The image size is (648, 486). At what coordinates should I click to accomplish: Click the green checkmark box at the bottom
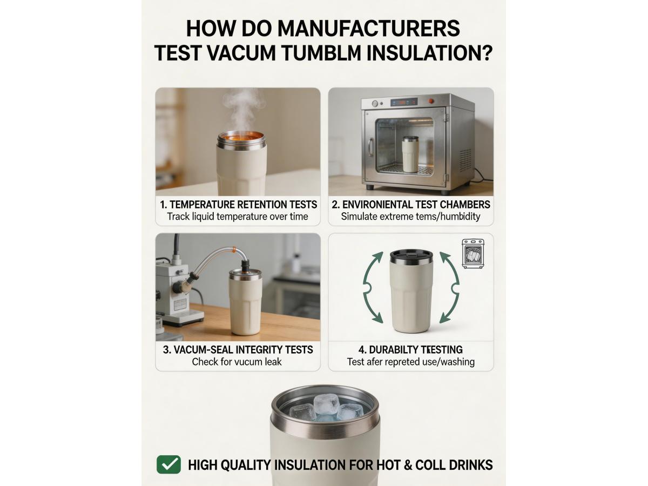168,464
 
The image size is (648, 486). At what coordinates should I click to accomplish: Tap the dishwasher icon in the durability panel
473,254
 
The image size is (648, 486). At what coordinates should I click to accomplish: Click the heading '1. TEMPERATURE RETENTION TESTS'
238,205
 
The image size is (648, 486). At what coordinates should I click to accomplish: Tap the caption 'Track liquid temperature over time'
238,217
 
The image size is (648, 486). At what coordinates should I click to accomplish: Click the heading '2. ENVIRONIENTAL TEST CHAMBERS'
410,205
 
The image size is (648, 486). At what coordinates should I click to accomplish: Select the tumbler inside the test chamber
410,154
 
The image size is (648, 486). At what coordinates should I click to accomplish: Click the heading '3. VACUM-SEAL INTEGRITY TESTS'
238,349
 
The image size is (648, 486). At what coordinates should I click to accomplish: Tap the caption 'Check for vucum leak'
237,362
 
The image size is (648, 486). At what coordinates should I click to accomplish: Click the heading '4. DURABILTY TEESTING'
410,349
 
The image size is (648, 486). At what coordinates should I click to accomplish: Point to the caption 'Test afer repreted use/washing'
410,362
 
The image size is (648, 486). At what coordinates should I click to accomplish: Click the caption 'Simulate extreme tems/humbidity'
410,217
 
